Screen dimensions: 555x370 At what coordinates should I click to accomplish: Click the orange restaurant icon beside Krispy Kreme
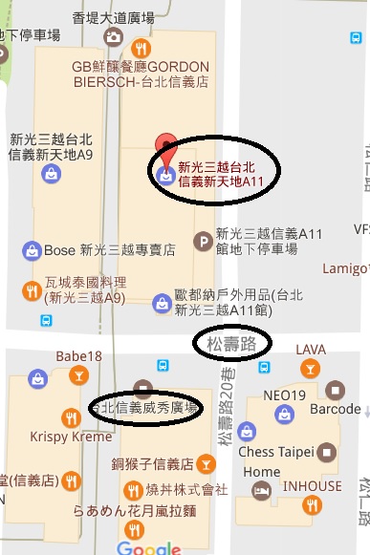point(70,417)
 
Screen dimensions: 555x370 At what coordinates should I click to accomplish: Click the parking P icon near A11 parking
point(203,241)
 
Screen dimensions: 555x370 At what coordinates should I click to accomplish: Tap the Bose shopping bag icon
point(32,250)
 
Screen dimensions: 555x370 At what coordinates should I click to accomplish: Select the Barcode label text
point(336,410)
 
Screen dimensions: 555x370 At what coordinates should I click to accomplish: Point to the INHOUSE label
point(311,486)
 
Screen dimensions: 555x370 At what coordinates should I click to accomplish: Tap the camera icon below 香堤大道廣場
point(114,37)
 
